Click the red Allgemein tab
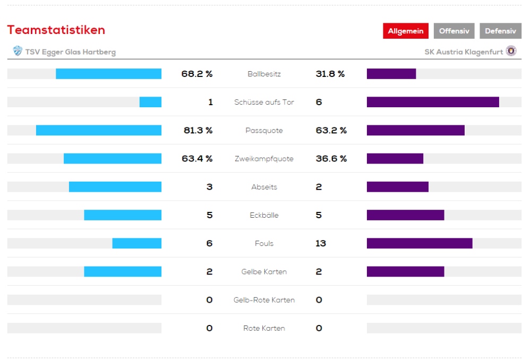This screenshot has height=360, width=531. [406, 31]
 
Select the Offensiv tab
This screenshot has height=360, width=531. [454, 31]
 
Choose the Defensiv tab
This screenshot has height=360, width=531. [500, 31]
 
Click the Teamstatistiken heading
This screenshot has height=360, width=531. [56, 30]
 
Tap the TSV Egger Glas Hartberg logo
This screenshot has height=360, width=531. [18, 52]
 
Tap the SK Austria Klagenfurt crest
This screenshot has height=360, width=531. [511, 51]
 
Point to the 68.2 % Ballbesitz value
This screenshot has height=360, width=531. [197, 74]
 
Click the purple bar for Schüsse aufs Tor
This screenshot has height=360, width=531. [433, 102]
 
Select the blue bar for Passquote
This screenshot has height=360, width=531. [99, 130]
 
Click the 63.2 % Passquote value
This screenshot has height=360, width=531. [331, 130]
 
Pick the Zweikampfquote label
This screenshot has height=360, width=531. [264, 159]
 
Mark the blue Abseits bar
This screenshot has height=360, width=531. [115, 187]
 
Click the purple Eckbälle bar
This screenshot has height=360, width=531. [405, 215]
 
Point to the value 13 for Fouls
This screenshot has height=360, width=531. [321, 243]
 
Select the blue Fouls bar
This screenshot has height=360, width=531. [137, 243]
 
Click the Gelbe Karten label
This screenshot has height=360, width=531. [264, 272]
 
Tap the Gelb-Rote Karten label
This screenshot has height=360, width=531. [264, 300]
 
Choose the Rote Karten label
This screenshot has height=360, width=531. [264, 328]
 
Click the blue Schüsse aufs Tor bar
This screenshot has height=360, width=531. [150, 102]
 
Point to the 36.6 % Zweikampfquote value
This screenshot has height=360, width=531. [331, 159]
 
